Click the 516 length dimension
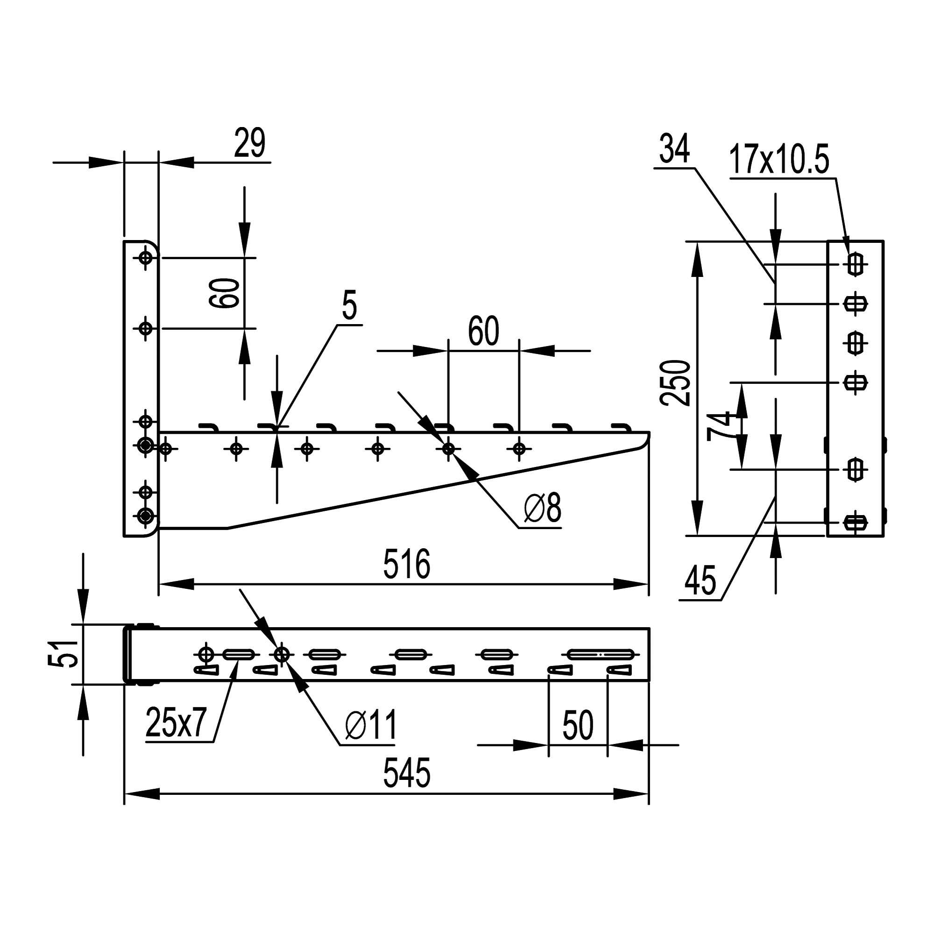click(406, 565)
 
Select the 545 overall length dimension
click(406, 773)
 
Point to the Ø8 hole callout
click(542, 509)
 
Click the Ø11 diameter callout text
click(371, 725)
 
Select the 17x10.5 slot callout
click(779, 159)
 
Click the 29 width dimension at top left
click(249, 143)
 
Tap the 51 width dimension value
click(64, 653)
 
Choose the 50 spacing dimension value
click(578, 725)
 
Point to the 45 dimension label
click(700, 581)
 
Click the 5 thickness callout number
click(349, 305)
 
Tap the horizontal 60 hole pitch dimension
click(483, 332)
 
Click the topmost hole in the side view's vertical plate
click(146, 258)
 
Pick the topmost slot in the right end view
click(855, 264)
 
